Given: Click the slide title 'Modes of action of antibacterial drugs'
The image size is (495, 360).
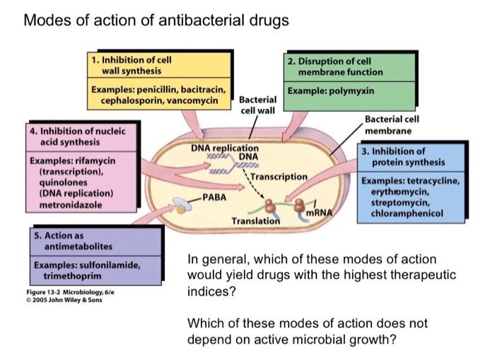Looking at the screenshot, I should pos(156,21).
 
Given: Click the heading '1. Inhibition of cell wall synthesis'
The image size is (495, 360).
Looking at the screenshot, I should pos(132,65).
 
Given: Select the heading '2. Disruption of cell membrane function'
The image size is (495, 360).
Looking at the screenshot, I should pos(335,66).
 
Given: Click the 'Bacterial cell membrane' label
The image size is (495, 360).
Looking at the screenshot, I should pos(391,125).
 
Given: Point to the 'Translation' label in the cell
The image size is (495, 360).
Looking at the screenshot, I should pos(255,221).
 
